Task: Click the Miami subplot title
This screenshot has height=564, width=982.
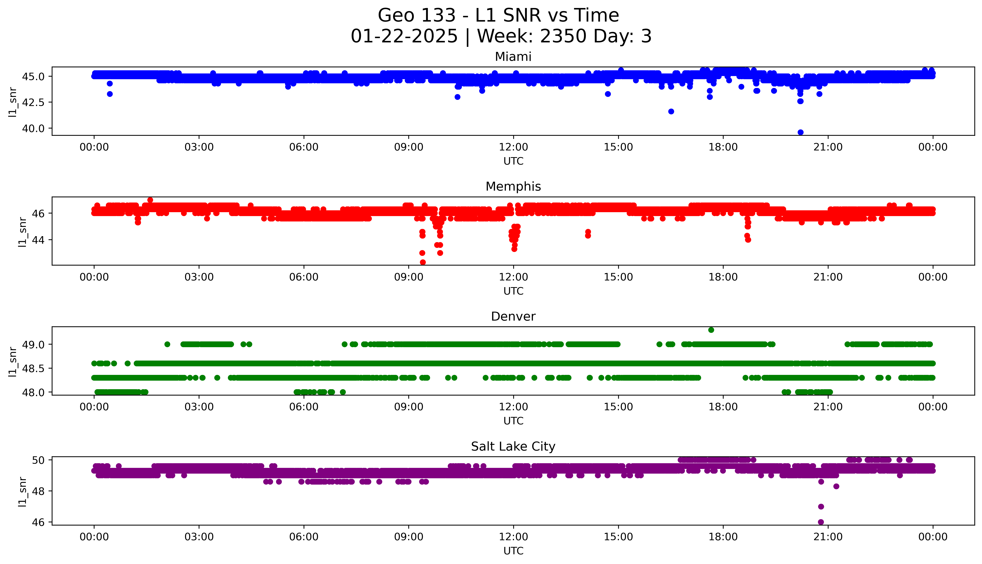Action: pos(513,57)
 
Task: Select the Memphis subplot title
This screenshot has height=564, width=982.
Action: pos(513,187)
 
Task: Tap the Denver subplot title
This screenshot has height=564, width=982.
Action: pos(513,316)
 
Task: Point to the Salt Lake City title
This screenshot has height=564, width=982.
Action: pos(513,447)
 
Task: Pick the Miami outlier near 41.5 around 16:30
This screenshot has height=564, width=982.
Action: pos(671,112)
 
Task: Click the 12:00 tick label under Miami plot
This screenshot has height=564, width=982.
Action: pos(513,147)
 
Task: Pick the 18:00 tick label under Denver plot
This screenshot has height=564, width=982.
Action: pos(723,407)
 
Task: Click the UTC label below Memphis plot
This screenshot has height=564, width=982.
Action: pos(513,291)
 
